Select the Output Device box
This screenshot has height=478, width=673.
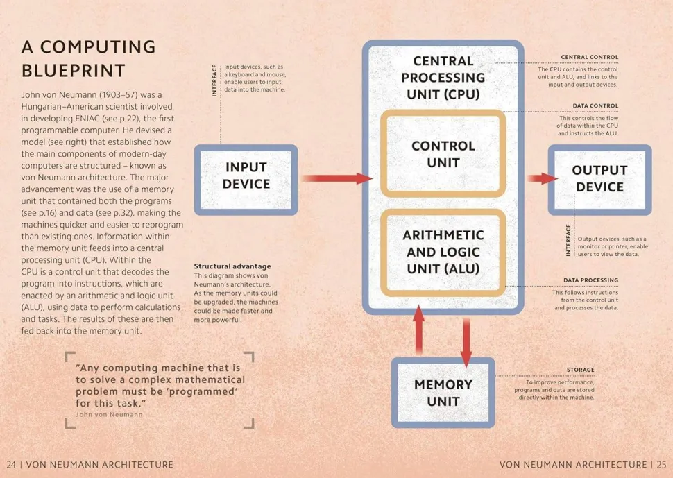click(x=599, y=178)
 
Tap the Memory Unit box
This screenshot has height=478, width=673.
click(x=443, y=393)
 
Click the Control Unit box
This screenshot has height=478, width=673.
click(x=443, y=154)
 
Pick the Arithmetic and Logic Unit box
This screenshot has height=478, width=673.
click(x=443, y=252)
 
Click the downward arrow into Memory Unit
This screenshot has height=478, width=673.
click(x=466, y=340)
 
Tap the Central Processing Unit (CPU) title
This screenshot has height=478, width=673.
click(x=443, y=78)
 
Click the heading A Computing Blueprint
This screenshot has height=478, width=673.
click(x=88, y=58)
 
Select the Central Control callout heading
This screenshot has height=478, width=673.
click(x=589, y=57)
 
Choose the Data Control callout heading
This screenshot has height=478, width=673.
click(x=595, y=106)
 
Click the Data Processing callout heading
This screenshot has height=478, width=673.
click(x=590, y=280)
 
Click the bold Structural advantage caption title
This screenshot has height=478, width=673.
click(x=232, y=266)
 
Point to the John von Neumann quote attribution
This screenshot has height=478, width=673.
click(x=108, y=414)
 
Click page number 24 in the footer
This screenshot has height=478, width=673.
click(x=11, y=464)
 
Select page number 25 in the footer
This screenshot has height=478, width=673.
click(x=661, y=464)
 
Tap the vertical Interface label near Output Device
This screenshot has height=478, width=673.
click(x=568, y=241)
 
